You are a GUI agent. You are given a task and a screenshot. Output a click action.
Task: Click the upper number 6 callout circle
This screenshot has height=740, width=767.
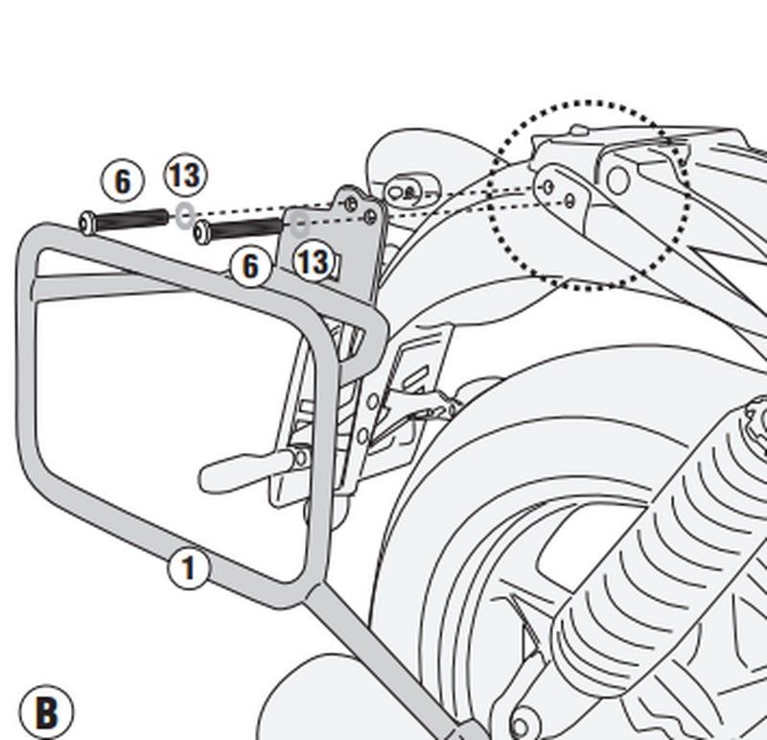[x=122, y=181]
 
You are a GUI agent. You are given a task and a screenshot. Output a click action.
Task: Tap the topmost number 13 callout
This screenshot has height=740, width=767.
[x=184, y=176]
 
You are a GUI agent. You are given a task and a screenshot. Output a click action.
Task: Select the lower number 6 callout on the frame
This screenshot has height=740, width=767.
[x=250, y=265]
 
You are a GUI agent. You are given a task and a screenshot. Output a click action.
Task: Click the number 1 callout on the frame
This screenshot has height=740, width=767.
[x=188, y=569]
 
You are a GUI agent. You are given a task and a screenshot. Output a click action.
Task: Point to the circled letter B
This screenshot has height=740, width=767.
[x=45, y=713]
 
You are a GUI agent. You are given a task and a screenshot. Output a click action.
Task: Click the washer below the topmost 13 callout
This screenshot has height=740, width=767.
[x=184, y=216]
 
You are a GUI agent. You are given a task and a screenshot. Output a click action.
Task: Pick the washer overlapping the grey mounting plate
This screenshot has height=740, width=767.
[x=299, y=227]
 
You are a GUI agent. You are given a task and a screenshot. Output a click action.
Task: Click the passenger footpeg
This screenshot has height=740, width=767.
[x=230, y=471]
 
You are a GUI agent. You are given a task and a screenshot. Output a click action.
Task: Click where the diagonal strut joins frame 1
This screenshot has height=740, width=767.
[x=316, y=596]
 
